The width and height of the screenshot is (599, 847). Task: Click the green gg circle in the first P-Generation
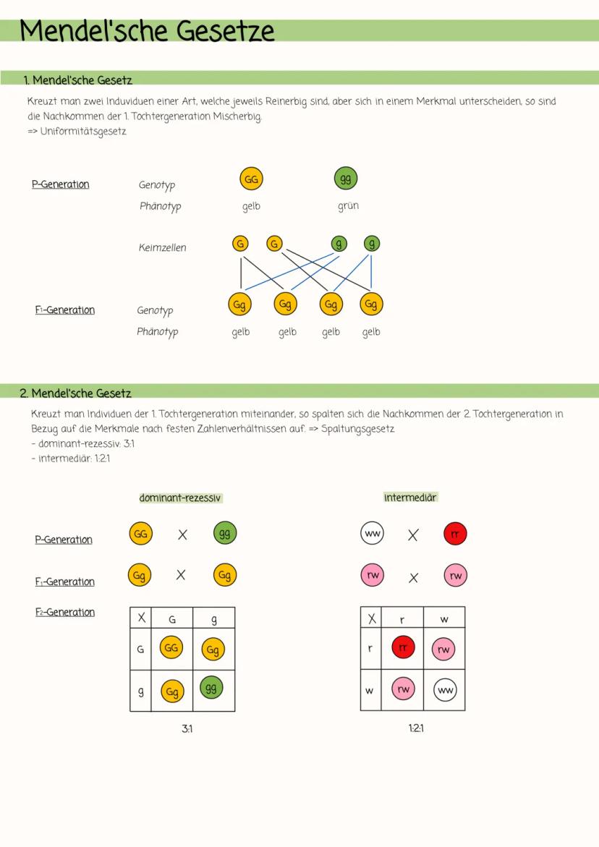346,178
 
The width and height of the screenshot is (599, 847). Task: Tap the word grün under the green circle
349,206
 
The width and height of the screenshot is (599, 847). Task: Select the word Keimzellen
163,247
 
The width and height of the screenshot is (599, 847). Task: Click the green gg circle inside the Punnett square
211,688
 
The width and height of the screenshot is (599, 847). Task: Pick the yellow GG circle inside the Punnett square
171,647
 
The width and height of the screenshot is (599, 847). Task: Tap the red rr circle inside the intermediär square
403,647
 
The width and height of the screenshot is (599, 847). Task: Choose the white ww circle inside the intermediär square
445,690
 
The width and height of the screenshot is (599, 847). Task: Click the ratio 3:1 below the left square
187,728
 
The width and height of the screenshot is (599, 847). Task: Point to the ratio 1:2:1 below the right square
416,728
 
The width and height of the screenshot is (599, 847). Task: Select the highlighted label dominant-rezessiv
180,498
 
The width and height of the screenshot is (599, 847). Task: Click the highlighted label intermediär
410,497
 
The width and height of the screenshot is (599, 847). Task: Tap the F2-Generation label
65,612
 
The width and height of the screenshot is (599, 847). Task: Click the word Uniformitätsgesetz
83,131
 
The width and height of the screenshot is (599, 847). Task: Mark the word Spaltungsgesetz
357,429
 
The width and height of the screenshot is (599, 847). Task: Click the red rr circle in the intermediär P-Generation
455,534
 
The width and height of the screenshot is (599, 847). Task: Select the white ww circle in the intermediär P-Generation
372,533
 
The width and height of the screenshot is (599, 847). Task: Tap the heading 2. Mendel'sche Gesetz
76,393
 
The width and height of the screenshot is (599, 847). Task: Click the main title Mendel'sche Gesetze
147,30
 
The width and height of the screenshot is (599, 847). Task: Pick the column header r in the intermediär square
402,620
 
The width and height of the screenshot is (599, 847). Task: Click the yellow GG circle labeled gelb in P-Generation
251,179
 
